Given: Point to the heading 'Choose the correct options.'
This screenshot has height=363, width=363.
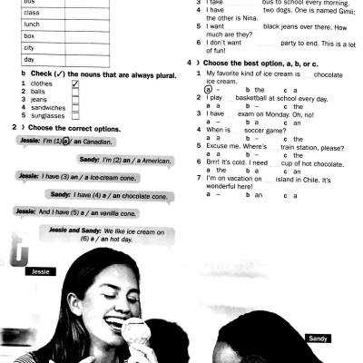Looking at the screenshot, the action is pyautogui.click(x=73, y=128).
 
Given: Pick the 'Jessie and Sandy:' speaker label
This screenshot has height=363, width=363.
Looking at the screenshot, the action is pyautogui.click(x=77, y=232).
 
